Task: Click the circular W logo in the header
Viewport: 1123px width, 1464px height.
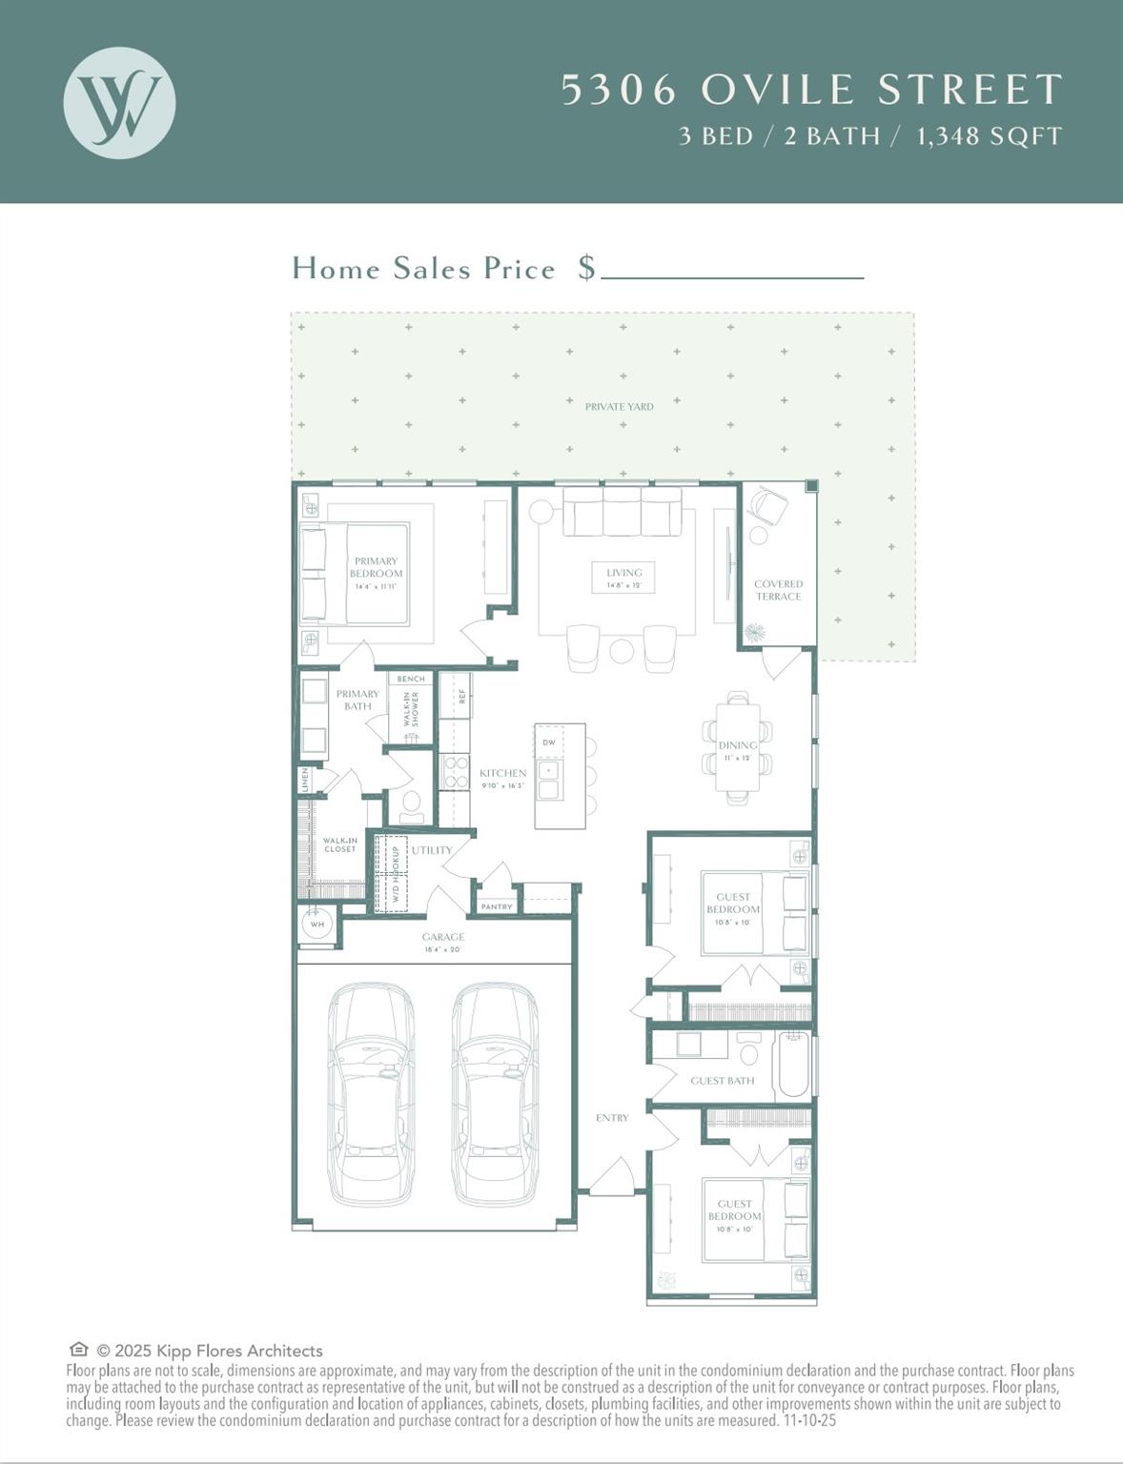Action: click(119, 102)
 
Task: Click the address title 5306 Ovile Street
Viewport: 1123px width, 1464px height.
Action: click(811, 90)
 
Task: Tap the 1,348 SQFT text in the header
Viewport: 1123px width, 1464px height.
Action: click(989, 136)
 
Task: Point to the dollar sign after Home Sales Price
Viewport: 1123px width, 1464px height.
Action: click(586, 268)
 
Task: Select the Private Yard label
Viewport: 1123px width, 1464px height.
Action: click(619, 407)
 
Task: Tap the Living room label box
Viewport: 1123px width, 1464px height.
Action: click(623, 578)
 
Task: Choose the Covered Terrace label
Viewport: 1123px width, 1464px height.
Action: click(778, 590)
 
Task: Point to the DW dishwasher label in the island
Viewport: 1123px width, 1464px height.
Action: click(549, 742)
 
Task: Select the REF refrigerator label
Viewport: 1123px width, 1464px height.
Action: click(462, 696)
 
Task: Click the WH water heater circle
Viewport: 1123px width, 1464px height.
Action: click(316, 924)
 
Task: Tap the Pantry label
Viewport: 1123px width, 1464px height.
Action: click(497, 906)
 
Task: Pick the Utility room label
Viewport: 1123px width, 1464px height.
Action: click(432, 850)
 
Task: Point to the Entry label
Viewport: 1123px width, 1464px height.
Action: click(612, 1118)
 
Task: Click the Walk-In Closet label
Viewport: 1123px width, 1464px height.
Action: click(339, 844)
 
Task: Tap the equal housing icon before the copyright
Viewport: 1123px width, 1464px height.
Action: click(79, 1350)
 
